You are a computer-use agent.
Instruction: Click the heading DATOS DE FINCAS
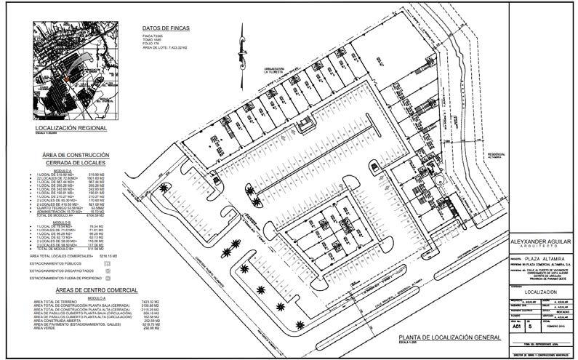tap(166, 28)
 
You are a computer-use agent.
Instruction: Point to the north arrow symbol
tap(238, 55)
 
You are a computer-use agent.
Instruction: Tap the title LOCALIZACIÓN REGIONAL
tap(71, 128)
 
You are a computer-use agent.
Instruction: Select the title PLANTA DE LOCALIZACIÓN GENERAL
tap(448, 338)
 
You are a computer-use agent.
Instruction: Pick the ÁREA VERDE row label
tap(46, 328)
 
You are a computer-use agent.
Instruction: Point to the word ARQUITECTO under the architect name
tap(540, 247)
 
